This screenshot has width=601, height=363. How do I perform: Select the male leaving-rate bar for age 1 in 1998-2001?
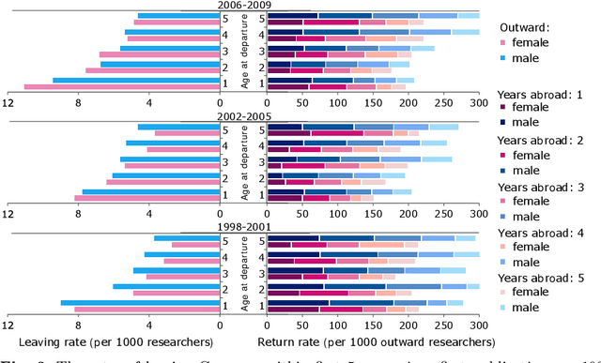coord(137,302)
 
